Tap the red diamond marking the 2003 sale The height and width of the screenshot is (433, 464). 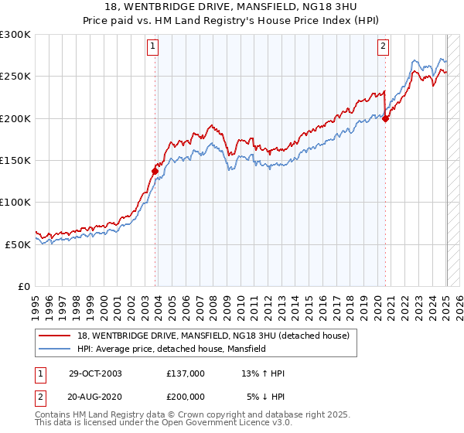tap(155, 171)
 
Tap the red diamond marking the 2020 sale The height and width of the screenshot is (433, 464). tap(385, 118)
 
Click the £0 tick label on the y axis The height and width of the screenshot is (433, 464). tap(24, 285)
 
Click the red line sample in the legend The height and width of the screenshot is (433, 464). tap(55, 336)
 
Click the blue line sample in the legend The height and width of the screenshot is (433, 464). tap(55, 349)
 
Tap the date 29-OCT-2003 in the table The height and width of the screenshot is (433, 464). tap(95, 373)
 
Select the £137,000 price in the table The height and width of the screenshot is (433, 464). tap(186, 373)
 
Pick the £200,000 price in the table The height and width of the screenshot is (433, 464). tap(186, 397)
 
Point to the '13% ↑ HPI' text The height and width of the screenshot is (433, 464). tap(263, 373)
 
